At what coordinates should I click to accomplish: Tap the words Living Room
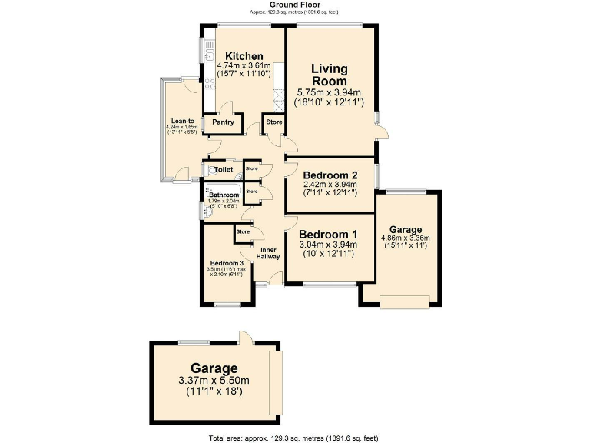(329, 75)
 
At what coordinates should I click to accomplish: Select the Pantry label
(223, 122)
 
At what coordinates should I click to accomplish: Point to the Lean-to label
(181, 120)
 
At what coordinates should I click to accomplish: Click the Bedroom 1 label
(328, 235)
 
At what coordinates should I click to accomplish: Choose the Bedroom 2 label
(329, 175)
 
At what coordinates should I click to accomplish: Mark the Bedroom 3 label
(227, 264)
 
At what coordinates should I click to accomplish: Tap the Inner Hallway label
(268, 253)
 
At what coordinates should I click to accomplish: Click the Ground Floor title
(294, 5)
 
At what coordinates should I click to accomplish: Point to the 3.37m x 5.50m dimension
(214, 381)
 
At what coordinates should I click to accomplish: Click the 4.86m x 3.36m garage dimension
(406, 238)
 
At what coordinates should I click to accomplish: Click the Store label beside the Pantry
(274, 122)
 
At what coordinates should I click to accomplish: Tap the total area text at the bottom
(294, 438)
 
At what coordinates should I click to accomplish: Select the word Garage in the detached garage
(214, 368)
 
